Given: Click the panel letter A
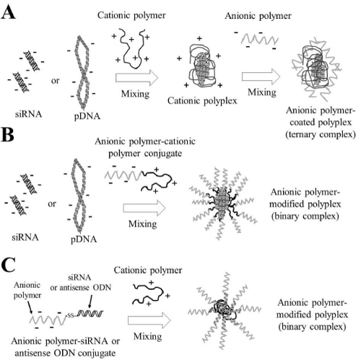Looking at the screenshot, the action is point(9,12).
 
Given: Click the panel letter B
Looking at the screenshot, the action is point(8,135).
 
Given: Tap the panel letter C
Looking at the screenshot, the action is point(9,265).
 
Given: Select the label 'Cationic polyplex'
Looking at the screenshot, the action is point(202,101).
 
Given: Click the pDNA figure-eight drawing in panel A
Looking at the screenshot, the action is point(83,72).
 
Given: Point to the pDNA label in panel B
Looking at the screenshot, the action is point(84,240).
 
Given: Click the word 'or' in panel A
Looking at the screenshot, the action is point(55,81).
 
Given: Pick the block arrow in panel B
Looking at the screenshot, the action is point(144,208).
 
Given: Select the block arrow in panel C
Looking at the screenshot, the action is point(149,320).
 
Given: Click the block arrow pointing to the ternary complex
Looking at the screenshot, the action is point(261,76).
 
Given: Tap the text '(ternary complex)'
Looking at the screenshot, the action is point(321,134).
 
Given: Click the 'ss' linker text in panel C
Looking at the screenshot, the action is point(71,315).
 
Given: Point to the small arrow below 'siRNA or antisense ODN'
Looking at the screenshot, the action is point(90,301).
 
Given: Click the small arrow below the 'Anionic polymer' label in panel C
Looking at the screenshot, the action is point(30,307).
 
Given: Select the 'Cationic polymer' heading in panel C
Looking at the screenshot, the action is point(148,271).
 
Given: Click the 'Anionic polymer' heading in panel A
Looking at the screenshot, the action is point(258,16).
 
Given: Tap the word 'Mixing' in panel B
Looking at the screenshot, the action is point(143,224).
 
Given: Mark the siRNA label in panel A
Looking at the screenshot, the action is point(28,114).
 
